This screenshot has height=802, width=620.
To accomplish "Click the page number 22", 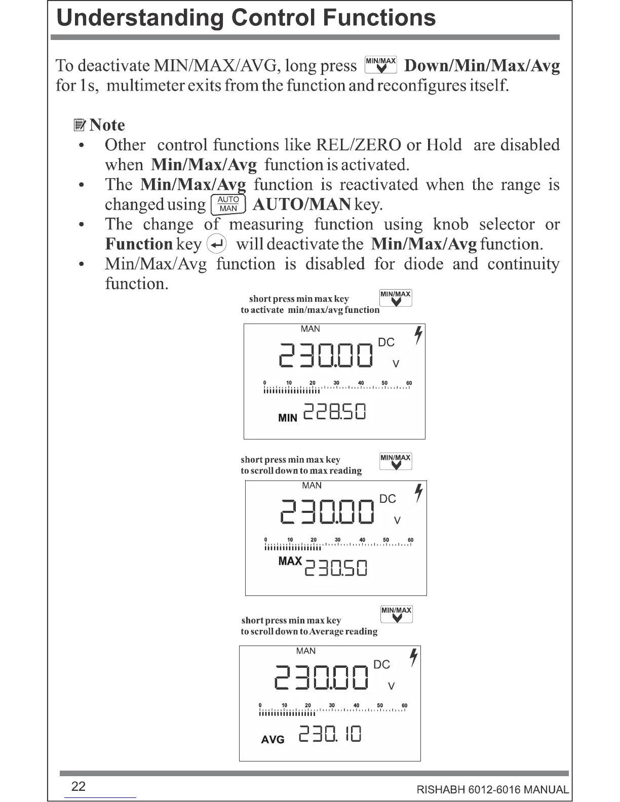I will tap(79, 786).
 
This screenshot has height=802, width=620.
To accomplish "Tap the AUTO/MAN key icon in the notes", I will tap(228, 204).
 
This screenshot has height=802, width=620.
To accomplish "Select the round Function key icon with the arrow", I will tap(217, 245).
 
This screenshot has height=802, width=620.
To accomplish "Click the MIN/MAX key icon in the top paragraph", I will tap(381, 65).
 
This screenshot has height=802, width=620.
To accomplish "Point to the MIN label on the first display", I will tap(288, 418).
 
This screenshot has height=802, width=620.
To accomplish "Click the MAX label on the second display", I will tap(290, 561).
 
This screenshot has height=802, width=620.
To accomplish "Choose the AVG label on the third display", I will tap(273, 740).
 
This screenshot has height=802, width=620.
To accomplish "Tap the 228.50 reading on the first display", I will tap(334, 412).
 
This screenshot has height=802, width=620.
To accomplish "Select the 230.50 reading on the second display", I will tap(336, 569).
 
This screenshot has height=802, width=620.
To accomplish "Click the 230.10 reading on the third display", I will tap(330, 734).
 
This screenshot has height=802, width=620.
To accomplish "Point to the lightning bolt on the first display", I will tap(418, 335).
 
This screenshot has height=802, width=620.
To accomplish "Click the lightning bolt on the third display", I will tap(414, 657).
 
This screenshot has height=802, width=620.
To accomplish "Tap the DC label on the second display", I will tap(387, 499).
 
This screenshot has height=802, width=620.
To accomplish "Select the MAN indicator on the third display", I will tap(305, 651).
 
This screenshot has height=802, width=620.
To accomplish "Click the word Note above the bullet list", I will tap(107, 125).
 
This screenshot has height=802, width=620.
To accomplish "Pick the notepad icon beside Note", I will tap(79, 125).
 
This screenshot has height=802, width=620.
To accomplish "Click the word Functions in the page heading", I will tap(379, 18).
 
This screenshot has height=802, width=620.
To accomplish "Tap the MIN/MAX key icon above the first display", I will tap(396, 298).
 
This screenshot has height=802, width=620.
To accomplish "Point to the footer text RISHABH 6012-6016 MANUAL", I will tap(492, 790).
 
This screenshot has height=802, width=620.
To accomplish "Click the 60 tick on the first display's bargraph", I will tap(409, 383).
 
